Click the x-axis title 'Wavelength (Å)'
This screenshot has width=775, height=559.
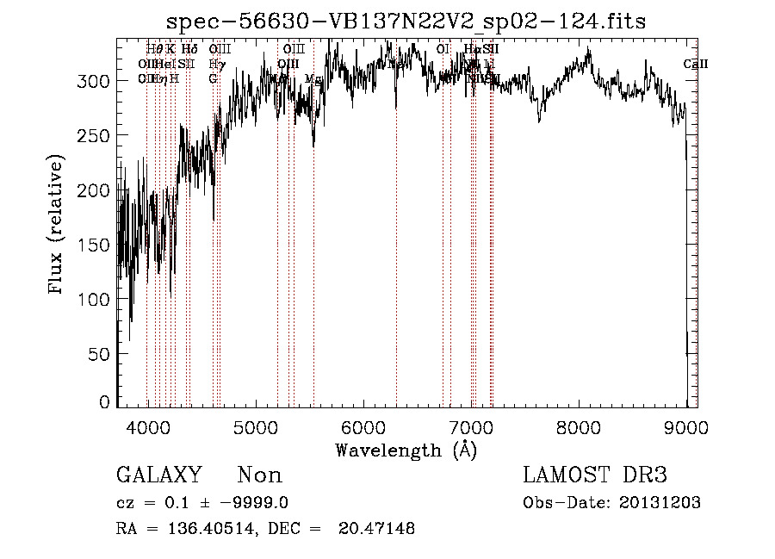[406, 450]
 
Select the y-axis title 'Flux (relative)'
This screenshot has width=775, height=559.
[57, 226]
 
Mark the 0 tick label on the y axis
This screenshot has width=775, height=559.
[103, 402]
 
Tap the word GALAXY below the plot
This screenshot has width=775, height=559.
[158, 475]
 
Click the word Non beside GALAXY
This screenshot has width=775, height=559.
[259, 475]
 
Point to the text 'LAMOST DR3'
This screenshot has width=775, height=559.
[594, 475]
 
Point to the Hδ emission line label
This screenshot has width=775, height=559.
[189, 50]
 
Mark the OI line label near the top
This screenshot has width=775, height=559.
[443, 50]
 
